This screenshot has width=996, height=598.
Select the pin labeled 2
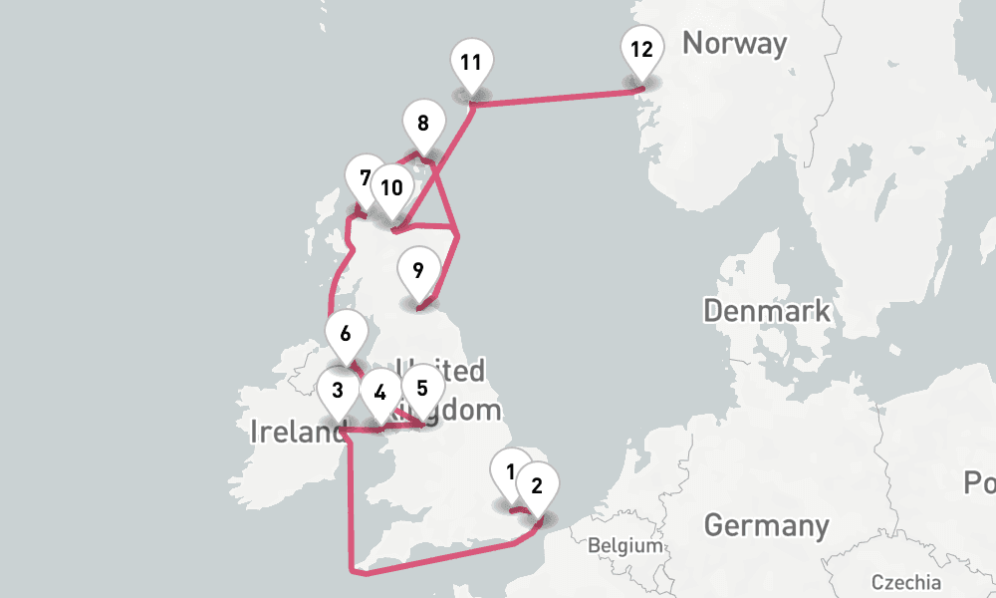point(537,486)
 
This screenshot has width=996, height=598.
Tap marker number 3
point(339,390)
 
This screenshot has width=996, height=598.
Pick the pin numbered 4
point(379,391)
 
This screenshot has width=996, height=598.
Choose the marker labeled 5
point(421,388)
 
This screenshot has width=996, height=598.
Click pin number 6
point(346,333)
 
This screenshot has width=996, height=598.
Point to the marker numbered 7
point(366,178)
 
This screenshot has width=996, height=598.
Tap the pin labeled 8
point(423,124)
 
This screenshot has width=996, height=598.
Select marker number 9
point(418,269)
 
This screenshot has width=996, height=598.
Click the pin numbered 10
point(391,187)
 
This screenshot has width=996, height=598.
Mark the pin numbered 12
point(641,49)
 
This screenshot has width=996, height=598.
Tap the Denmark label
point(767,310)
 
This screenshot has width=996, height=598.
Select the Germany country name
point(766,525)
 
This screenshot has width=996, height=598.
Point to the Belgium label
point(624,546)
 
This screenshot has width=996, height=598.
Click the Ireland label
point(296,432)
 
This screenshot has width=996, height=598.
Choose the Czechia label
point(904,582)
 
